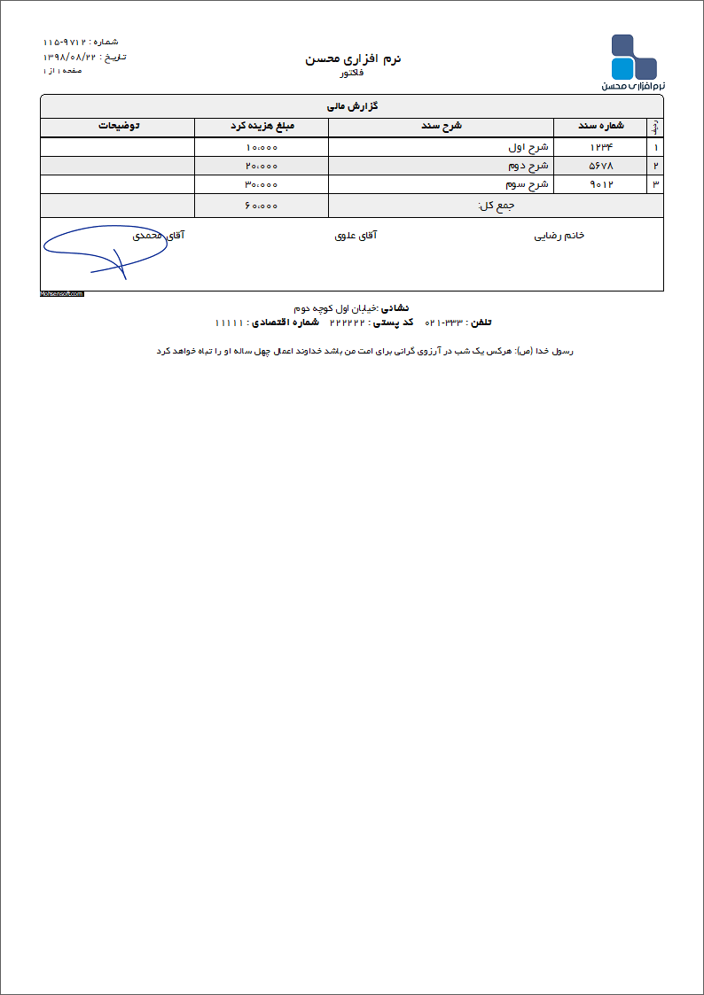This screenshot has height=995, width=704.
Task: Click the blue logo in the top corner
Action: [633, 59]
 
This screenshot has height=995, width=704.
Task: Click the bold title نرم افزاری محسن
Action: [353, 58]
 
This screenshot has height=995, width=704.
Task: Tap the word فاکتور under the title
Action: [352, 74]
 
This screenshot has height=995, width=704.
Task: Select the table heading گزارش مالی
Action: [353, 106]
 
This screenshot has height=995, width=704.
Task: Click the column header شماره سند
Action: [601, 126]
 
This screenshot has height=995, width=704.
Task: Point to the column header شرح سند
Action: [441, 126]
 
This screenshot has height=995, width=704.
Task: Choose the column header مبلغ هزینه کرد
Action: [262, 126]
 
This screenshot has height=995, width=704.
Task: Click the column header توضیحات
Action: [118, 126]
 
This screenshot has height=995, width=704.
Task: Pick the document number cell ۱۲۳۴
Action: [601, 147]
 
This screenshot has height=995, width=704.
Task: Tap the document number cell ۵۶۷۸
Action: [601, 166]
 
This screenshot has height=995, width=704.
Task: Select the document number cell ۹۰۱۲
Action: [601, 184]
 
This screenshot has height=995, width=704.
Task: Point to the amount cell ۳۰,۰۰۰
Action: [262, 184]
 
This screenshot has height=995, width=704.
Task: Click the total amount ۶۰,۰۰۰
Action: [262, 206]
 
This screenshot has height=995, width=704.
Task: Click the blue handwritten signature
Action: [102, 250]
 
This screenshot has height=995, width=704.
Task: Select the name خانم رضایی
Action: [559, 236]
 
